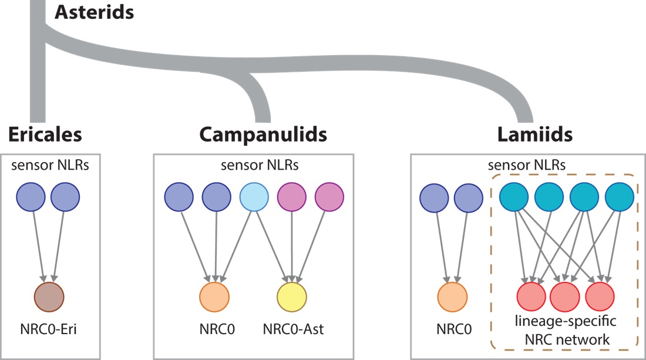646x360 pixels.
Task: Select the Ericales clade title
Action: (45, 135)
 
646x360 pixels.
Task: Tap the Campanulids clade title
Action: (263, 135)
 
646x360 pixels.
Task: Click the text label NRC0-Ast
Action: (292, 331)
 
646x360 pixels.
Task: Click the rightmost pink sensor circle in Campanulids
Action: (330, 196)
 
